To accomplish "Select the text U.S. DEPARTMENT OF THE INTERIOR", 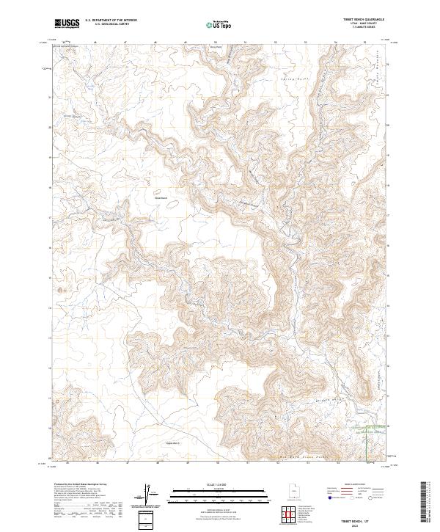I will pyautogui.click(x=111, y=21).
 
